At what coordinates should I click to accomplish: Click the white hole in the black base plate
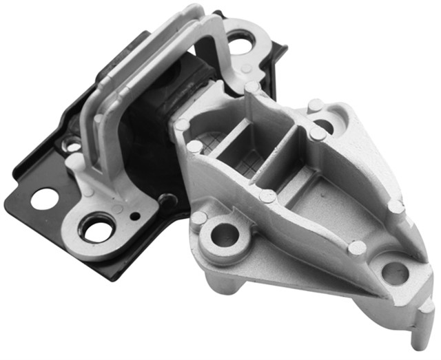tap(44, 199)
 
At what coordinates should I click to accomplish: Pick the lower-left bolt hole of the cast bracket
tap(225, 235)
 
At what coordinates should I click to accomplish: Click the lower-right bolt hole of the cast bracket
tap(395, 273)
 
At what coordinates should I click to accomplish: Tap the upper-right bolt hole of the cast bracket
tap(324, 126)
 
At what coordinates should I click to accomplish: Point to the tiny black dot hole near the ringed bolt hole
tap(134, 215)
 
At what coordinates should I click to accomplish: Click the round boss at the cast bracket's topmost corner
tap(252, 88)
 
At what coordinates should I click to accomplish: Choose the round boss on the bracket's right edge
tap(394, 206)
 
